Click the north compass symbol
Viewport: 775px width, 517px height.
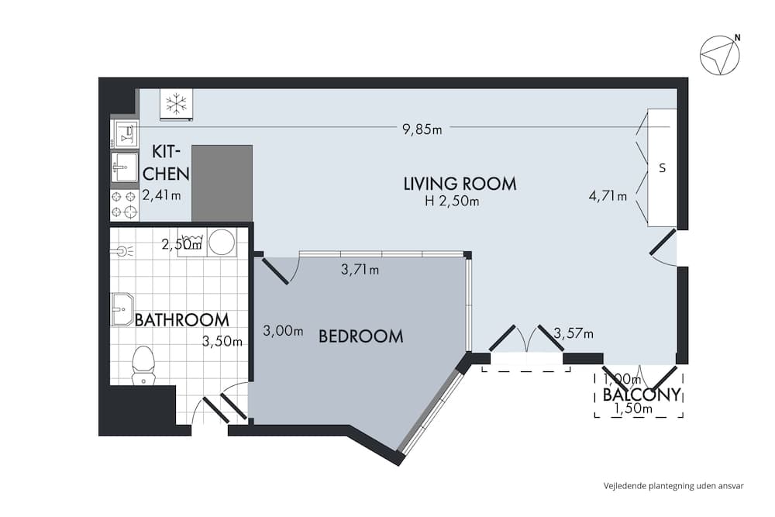[x=720, y=56]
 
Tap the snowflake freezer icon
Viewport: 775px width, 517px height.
[x=176, y=103]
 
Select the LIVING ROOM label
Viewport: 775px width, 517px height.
[x=460, y=184]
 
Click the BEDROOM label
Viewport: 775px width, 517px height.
[x=361, y=336]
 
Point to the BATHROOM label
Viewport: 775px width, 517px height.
[x=182, y=319]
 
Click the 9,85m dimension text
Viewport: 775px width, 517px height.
[x=422, y=129]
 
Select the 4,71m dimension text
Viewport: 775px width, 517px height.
[x=608, y=196]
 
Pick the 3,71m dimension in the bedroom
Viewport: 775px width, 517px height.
[x=360, y=270]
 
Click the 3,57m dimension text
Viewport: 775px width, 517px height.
[x=573, y=334]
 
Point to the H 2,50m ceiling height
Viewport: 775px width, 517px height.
[x=452, y=202]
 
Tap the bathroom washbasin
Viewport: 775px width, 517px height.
[x=122, y=310]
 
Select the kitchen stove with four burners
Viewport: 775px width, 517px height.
[x=124, y=205]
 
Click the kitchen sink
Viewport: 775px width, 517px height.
[x=124, y=166]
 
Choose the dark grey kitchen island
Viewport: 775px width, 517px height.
[x=222, y=183]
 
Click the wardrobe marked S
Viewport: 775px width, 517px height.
[x=662, y=167]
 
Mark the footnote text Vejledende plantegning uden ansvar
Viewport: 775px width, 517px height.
[x=673, y=486]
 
